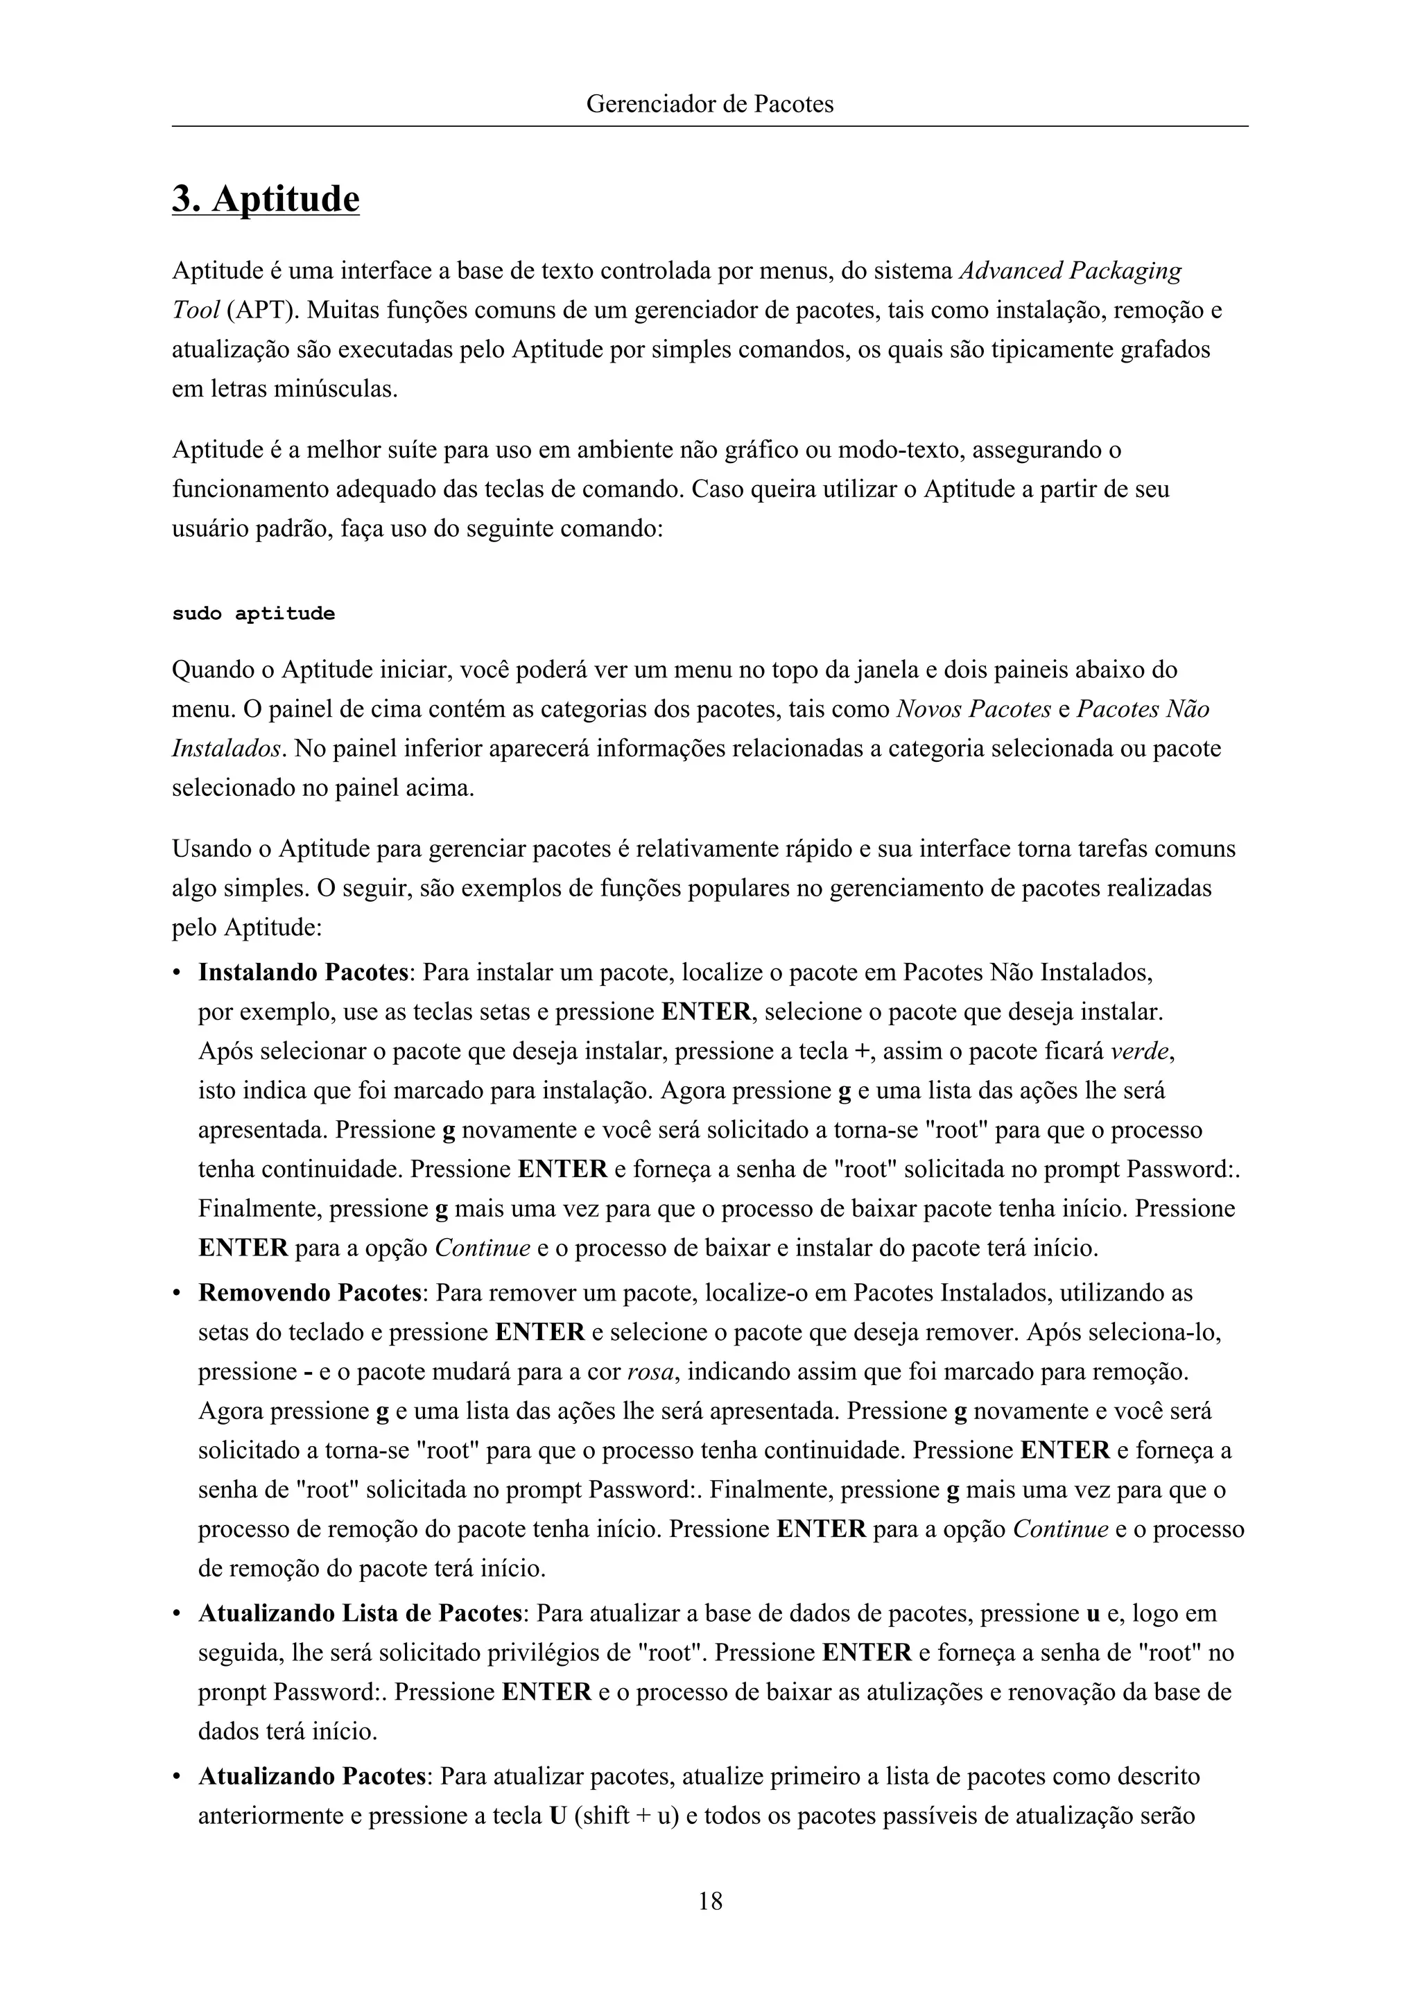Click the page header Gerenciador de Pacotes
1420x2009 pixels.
click(709, 104)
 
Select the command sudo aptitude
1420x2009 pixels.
click(253, 614)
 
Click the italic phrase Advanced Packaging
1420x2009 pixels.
click(1070, 270)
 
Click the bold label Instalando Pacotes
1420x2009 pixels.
click(303, 972)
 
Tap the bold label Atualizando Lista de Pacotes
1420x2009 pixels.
click(361, 1612)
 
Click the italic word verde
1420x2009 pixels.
click(1140, 1051)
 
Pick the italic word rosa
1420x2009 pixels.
click(650, 1371)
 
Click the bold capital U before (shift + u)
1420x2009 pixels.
click(557, 1816)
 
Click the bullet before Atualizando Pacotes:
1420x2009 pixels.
click(177, 1777)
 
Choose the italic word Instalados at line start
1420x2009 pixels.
click(227, 749)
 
